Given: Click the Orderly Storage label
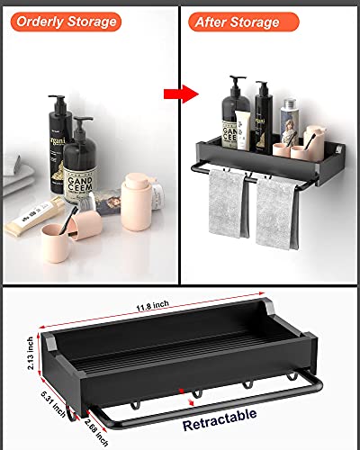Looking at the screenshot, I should click(64, 21).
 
